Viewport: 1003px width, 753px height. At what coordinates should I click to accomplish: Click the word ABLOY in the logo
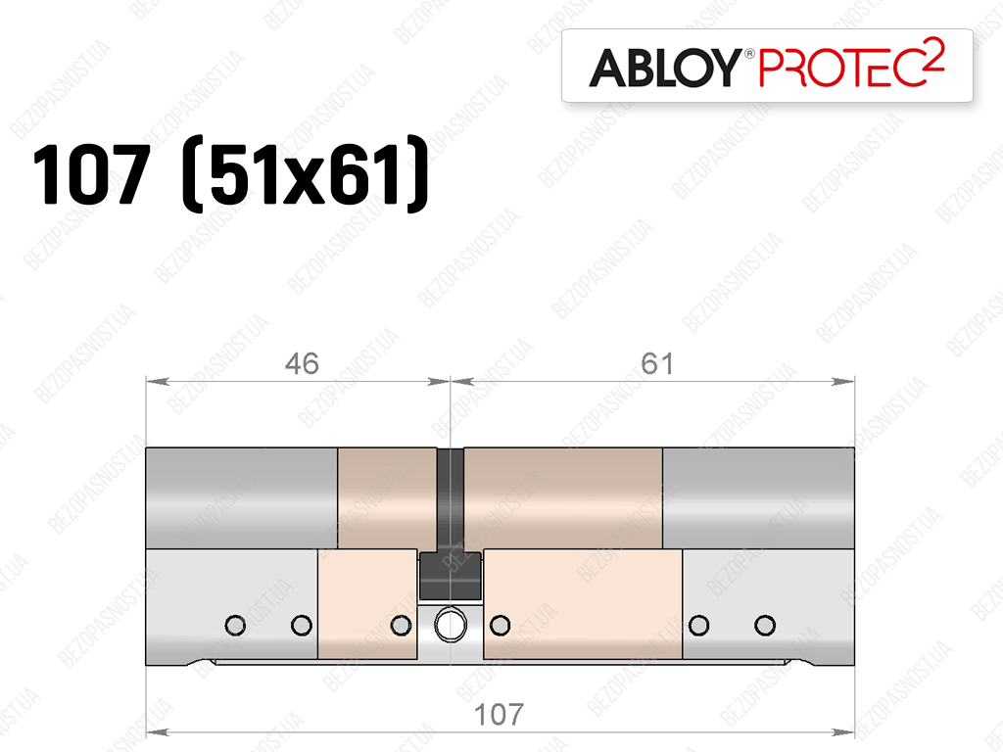point(665,68)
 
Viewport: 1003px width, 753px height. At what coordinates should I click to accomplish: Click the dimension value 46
point(302,363)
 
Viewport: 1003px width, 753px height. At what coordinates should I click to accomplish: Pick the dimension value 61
point(657,363)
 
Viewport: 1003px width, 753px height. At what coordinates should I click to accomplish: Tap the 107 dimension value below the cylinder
point(499,714)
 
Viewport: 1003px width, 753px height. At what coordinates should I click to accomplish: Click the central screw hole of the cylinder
point(451,624)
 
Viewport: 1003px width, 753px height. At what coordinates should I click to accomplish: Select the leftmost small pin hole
point(235,625)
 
